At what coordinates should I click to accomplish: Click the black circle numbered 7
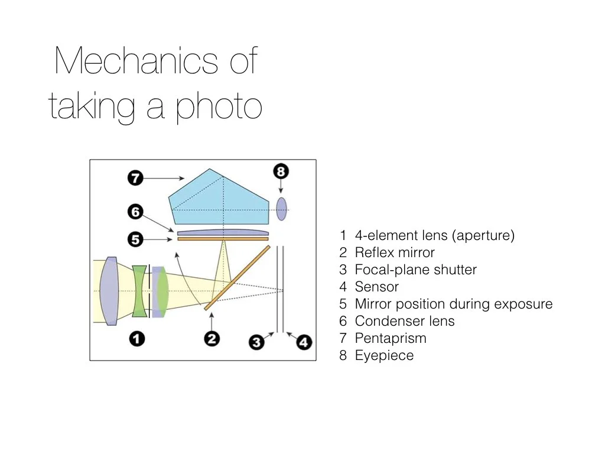tap(136, 177)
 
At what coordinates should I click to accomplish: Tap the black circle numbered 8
tap(281, 173)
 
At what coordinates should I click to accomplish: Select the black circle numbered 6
tap(136, 212)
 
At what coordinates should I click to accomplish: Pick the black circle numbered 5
tap(136, 239)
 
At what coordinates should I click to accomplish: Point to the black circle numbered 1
tap(136, 339)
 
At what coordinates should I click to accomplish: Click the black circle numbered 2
tap(212, 339)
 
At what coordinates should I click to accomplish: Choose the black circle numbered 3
tap(256, 342)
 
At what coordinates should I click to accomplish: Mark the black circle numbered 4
tap(304, 342)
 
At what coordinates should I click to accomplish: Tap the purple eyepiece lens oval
tap(282, 209)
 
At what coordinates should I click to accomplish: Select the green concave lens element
tap(139, 291)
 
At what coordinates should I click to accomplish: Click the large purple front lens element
tap(109, 291)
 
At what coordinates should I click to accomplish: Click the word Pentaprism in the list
tap(391, 339)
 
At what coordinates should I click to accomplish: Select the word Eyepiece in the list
tap(384, 356)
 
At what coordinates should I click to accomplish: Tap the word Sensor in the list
tap(376, 287)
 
